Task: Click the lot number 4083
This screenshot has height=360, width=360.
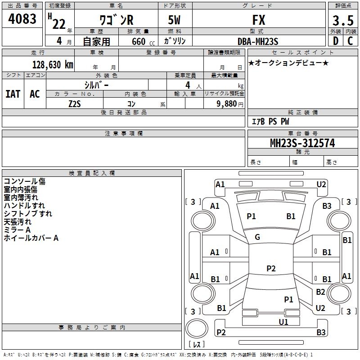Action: tap(22, 19)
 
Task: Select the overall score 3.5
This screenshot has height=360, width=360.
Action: tap(342, 21)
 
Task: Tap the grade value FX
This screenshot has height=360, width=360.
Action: tap(259, 21)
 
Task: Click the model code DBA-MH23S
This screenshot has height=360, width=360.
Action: tap(258, 41)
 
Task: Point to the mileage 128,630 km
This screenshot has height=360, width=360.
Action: tap(53, 65)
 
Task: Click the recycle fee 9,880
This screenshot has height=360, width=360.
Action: tap(230, 104)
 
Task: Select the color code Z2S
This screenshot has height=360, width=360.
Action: tap(75, 104)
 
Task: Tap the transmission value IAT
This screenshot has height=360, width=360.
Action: tap(13, 94)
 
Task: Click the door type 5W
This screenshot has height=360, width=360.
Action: tap(175, 21)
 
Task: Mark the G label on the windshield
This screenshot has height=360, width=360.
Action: tap(257, 237)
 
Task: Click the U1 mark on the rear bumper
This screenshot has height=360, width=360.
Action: tap(283, 322)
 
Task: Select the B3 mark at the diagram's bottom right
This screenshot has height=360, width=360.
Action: tap(321, 333)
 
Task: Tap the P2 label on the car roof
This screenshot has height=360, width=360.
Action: tap(271, 269)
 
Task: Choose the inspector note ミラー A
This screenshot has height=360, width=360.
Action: tap(17, 230)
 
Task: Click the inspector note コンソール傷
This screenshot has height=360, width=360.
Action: tap(24, 181)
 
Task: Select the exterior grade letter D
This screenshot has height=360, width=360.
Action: tap(335, 41)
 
